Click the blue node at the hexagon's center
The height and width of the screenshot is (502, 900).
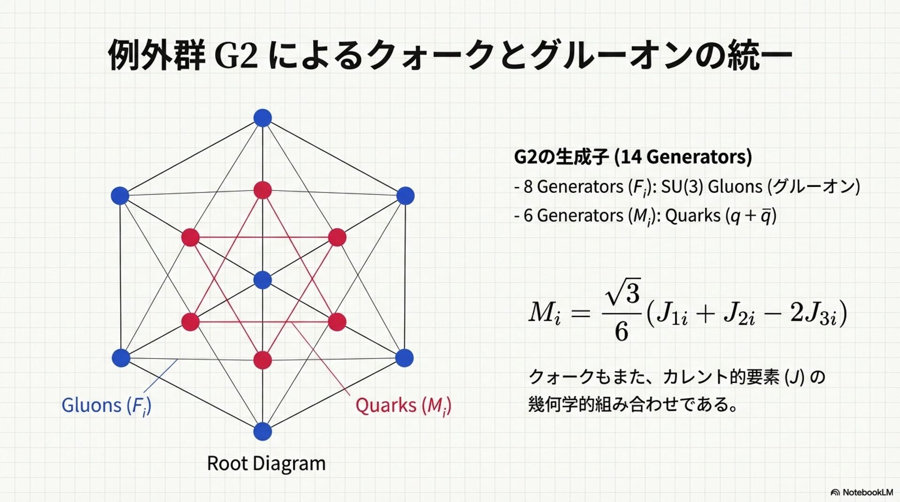(262, 280)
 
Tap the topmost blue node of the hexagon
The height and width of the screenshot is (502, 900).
(262, 118)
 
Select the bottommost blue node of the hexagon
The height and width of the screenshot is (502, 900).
(262, 431)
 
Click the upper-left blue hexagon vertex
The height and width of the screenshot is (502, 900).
(120, 195)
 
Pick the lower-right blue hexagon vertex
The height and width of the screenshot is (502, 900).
(405, 358)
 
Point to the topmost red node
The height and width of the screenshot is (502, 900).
(262, 190)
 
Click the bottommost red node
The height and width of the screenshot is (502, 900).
(262, 360)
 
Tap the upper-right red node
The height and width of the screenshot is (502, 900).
(337, 237)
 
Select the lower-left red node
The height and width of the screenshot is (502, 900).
(190, 322)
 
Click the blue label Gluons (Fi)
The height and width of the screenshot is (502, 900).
(106, 406)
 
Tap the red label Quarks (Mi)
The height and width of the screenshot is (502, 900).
(403, 406)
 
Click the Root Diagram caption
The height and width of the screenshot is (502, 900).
(266, 464)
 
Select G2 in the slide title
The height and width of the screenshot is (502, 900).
(236, 55)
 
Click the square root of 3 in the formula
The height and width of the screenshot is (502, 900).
(624, 293)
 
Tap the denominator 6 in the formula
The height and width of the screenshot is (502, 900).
(622, 332)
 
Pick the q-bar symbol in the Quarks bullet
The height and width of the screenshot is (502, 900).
(765, 216)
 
